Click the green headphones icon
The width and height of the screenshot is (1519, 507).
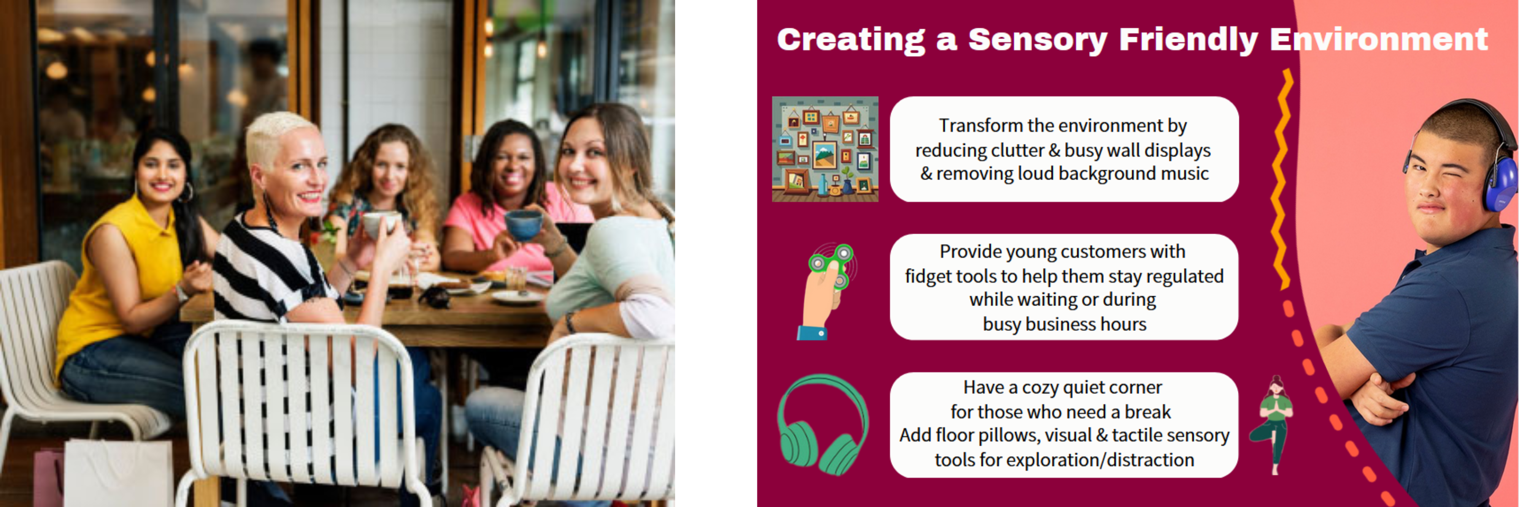tap(823, 425)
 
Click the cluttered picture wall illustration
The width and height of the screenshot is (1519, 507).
tap(825, 149)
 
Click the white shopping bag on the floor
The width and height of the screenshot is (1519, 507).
tap(118, 473)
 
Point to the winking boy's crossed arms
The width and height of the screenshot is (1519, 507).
tap(1374, 384)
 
